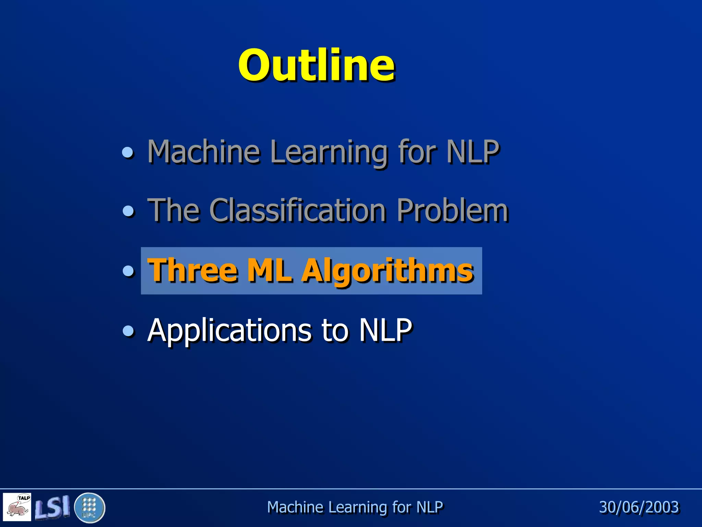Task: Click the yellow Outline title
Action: tap(316, 65)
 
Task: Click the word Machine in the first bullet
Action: tap(204, 152)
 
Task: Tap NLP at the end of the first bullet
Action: tap(473, 152)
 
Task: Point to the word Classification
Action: tap(298, 210)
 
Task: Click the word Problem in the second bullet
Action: tap(452, 210)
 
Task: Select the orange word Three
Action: tap(193, 270)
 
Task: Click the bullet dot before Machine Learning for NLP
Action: tap(128, 152)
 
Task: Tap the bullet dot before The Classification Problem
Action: tap(128, 211)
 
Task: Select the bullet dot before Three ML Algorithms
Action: tap(128, 271)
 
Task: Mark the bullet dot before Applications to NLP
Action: tap(128, 331)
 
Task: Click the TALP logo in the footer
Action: tap(17, 506)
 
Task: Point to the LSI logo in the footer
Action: tap(52, 507)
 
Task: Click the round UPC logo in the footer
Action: tap(89, 507)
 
